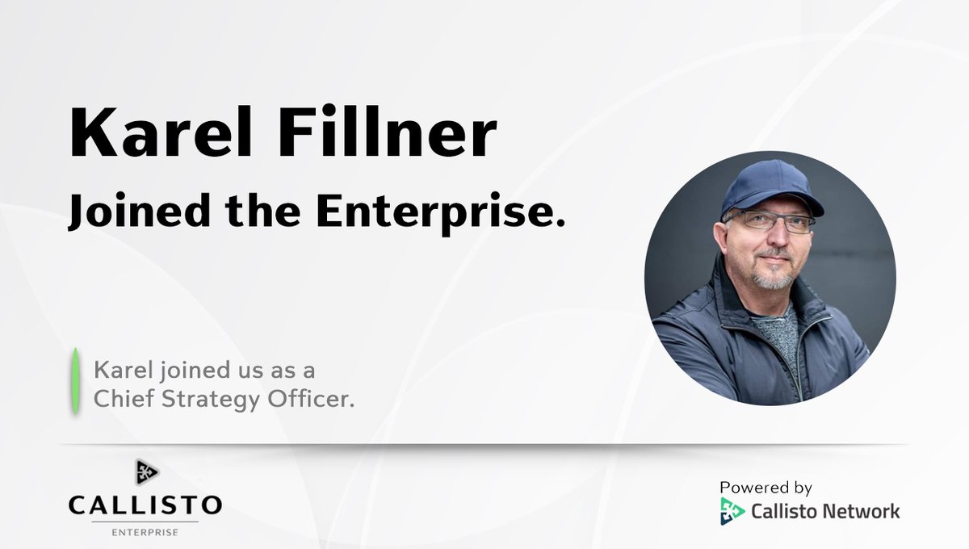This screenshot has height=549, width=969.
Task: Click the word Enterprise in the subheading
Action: [437, 212]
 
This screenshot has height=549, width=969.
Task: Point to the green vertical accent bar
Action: [75, 381]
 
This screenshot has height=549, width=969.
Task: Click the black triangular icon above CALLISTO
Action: [146, 471]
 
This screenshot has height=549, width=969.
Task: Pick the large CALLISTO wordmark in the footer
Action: [145, 506]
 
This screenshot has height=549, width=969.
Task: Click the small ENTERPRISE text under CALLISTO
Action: [145, 532]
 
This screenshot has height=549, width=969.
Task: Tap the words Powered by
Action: [766, 488]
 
